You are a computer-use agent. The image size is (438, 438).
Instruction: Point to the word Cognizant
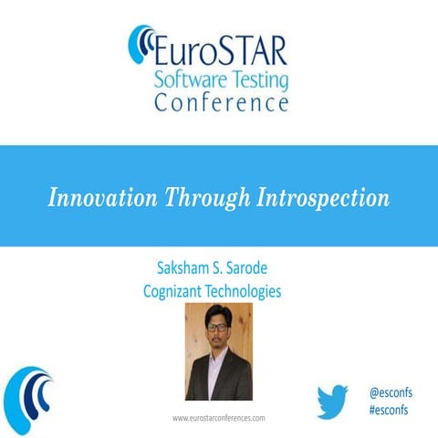(x=178, y=291)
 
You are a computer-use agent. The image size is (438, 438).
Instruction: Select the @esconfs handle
(x=389, y=391)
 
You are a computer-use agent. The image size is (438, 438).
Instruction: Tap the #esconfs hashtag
(x=389, y=410)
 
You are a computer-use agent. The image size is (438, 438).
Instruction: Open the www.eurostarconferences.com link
(x=219, y=417)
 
